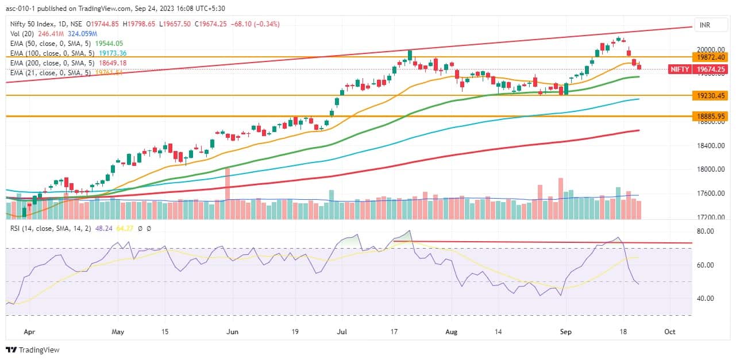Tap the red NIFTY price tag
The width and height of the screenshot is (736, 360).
click(680, 69)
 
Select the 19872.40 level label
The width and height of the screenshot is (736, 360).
click(710, 57)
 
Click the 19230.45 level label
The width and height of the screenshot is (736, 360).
click(710, 95)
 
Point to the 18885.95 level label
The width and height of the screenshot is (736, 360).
click(710, 116)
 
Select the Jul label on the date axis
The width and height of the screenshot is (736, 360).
click(343, 332)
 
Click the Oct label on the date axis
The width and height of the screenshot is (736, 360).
click(669, 332)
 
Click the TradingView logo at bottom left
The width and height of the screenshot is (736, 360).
click(33, 350)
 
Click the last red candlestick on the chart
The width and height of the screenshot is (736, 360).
click(639, 67)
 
